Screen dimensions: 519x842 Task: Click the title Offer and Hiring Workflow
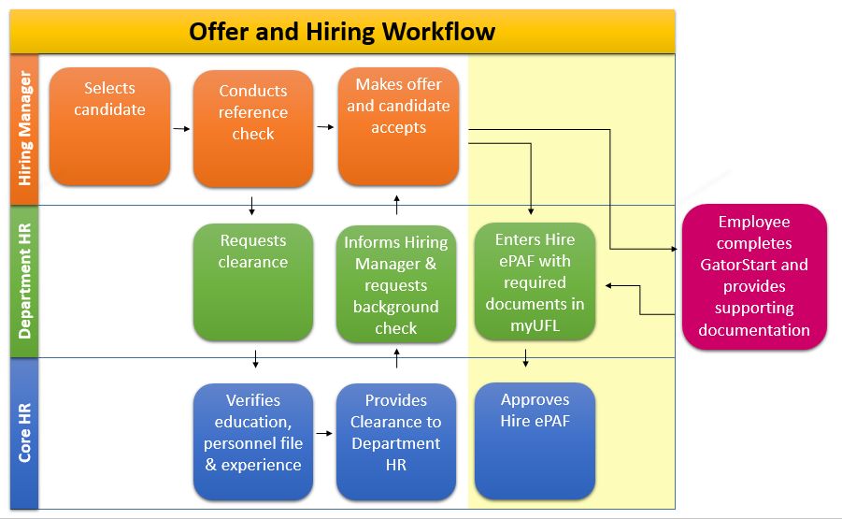click(x=342, y=31)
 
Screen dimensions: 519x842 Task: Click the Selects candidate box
click(x=110, y=127)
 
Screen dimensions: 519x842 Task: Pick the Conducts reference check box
click(x=253, y=128)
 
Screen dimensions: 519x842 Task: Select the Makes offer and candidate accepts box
click(x=398, y=125)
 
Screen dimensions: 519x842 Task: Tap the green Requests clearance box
click(x=253, y=281)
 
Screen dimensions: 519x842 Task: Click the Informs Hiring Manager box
click(x=396, y=284)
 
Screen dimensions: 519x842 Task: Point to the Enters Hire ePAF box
click(x=535, y=281)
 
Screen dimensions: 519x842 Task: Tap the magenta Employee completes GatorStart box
click(x=754, y=277)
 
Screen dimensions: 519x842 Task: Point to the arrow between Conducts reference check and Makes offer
click(x=325, y=126)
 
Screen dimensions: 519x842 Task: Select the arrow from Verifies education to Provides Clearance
click(x=324, y=434)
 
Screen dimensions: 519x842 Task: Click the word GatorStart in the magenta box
click(x=754, y=265)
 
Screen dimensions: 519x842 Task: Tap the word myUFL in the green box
click(x=535, y=324)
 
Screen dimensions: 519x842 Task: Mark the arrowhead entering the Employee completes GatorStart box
click(x=677, y=250)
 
